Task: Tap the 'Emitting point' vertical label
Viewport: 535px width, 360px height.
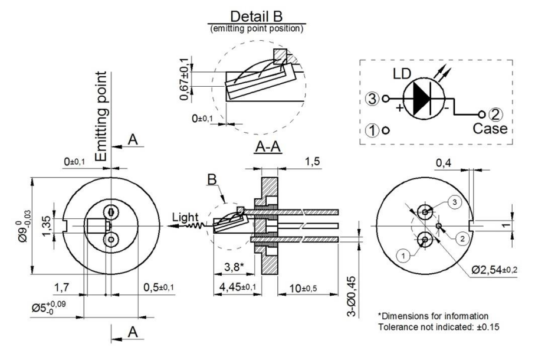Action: (103, 117)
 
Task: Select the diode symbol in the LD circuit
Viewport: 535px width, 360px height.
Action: (422, 99)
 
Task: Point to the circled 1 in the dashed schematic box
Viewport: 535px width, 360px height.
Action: (372, 130)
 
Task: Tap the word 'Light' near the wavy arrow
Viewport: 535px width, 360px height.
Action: (184, 218)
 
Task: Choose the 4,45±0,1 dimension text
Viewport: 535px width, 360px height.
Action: (238, 287)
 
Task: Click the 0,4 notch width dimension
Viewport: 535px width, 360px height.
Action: (443, 162)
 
